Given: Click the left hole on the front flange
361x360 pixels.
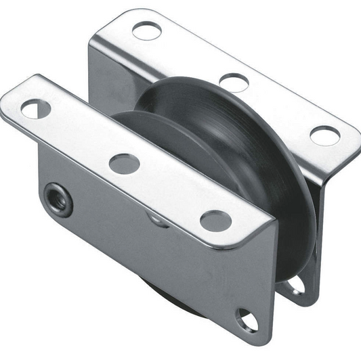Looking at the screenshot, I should (x=35, y=108).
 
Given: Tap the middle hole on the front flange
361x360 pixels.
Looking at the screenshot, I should (x=124, y=163).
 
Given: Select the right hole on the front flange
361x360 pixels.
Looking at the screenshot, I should (x=215, y=220).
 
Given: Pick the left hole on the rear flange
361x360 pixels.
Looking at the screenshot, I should (x=146, y=30).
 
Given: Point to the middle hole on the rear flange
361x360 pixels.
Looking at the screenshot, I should (x=234, y=82).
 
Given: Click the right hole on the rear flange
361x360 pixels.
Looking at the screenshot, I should (x=324, y=135).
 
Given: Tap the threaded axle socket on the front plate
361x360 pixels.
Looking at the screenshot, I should (x=59, y=200).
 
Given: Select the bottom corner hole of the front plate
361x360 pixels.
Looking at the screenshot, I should (x=247, y=319).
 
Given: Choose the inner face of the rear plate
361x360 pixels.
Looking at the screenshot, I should (x=115, y=81).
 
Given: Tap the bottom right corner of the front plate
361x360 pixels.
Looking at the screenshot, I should (x=266, y=332).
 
